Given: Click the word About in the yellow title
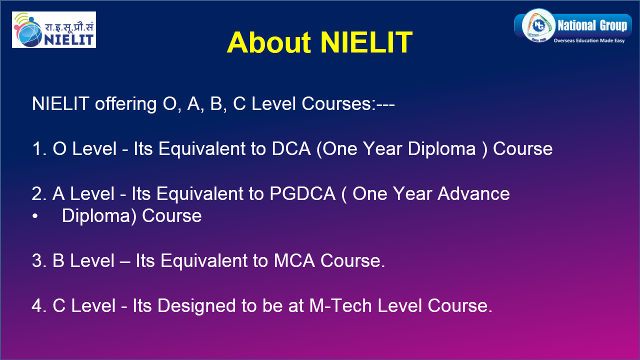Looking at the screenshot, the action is [268, 42].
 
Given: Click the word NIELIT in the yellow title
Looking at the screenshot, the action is [366, 42].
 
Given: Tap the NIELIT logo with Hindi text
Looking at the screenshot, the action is [54, 29].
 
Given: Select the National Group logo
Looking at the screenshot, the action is [573, 26].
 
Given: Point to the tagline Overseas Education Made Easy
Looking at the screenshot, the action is [589, 40].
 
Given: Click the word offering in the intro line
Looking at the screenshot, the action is [125, 104].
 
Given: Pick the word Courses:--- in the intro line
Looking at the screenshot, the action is [348, 103].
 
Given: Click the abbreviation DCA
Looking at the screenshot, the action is [291, 148].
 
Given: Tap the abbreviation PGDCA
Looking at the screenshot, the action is [302, 193].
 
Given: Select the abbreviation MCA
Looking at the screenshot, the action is [294, 260].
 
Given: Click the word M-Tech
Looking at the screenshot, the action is [340, 305].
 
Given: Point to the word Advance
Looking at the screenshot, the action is [473, 193].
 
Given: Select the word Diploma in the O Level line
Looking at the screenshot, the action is [441, 149].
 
